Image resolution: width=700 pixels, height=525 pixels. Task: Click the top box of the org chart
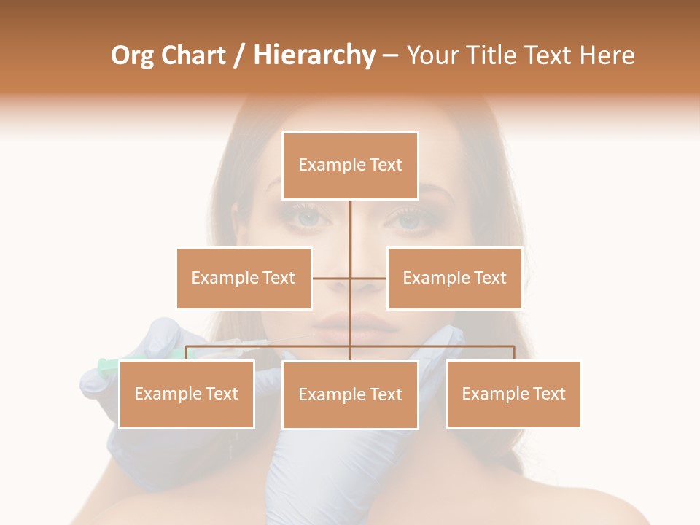click(x=350, y=166)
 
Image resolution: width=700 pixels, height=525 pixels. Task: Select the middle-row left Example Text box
click(x=244, y=278)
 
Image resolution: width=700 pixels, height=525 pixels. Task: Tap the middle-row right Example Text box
click(x=454, y=278)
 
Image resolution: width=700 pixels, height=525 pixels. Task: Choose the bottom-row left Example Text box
click(x=187, y=394)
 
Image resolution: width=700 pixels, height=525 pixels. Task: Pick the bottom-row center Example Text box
click(x=350, y=394)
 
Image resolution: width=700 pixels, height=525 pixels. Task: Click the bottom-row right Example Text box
click(x=513, y=394)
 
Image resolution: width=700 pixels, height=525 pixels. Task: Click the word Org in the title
click(x=132, y=55)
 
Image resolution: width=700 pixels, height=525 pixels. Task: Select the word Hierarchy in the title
click(x=314, y=55)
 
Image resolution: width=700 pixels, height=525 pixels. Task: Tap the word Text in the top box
click(x=386, y=165)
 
